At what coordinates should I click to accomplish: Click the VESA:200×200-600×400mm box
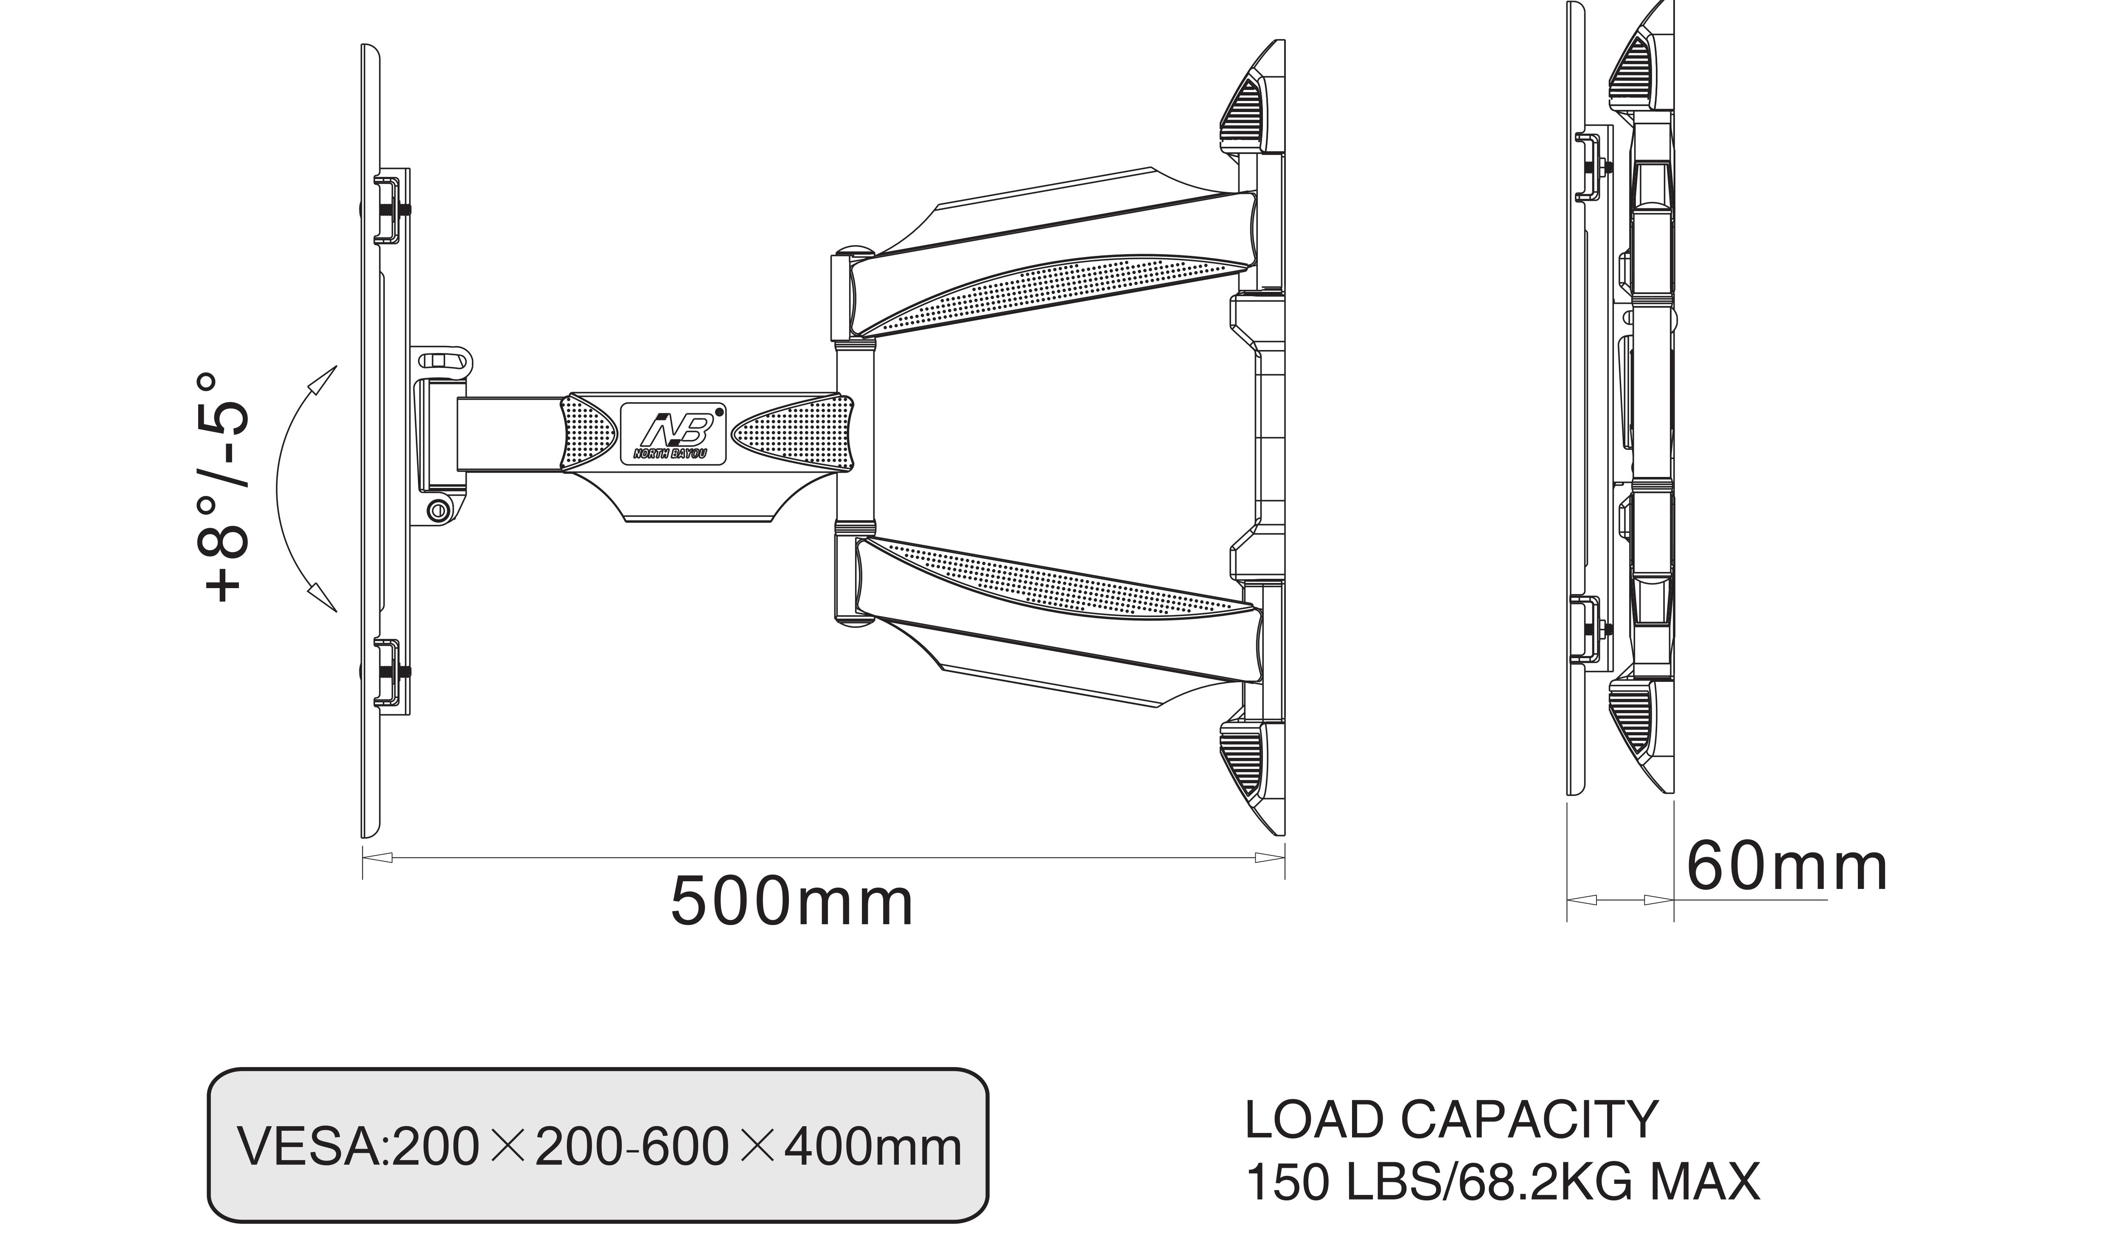pyautogui.click(x=598, y=1148)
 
